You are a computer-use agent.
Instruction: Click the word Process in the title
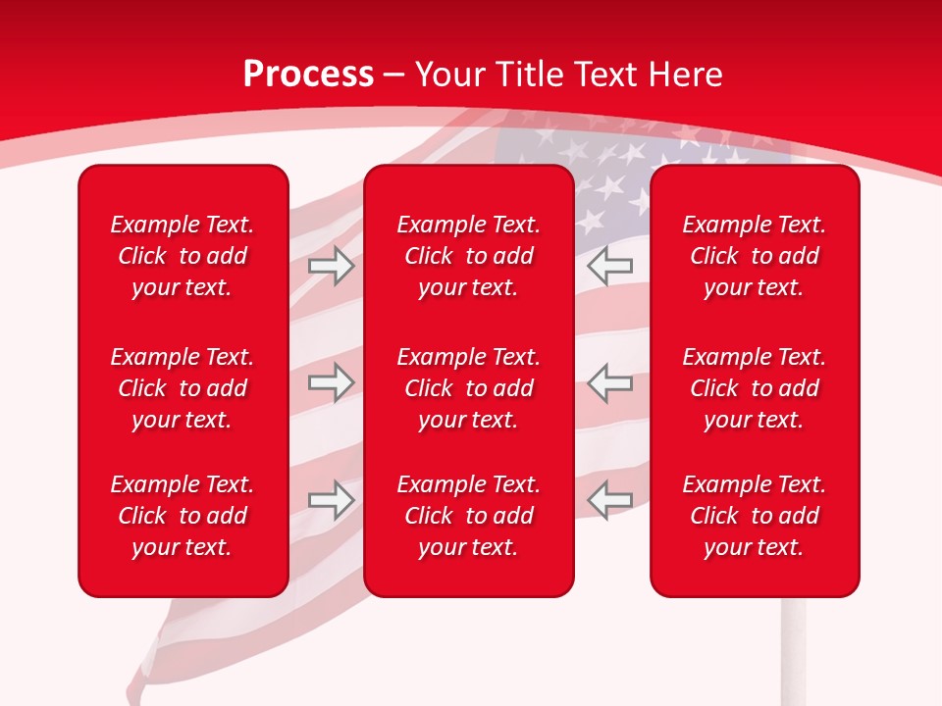tap(308, 75)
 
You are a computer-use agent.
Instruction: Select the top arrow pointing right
tap(332, 266)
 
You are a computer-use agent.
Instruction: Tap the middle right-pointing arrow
tap(332, 382)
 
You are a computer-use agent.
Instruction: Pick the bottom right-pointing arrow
tap(332, 500)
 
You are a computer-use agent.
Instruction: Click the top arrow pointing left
tap(609, 266)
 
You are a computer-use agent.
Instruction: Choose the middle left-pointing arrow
tap(609, 382)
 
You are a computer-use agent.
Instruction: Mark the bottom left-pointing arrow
tap(609, 500)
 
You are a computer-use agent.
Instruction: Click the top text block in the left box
tap(183, 256)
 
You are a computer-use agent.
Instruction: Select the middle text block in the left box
tap(183, 388)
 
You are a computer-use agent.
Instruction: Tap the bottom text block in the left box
tap(183, 516)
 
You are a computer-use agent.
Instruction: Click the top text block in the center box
tap(468, 256)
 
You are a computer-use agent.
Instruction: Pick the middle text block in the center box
tap(468, 388)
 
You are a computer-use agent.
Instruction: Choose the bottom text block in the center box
tap(468, 516)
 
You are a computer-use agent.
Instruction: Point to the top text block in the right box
tap(754, 256)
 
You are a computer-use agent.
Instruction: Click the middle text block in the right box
tap(754, 388)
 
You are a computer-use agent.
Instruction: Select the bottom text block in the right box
tap(754, 516)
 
